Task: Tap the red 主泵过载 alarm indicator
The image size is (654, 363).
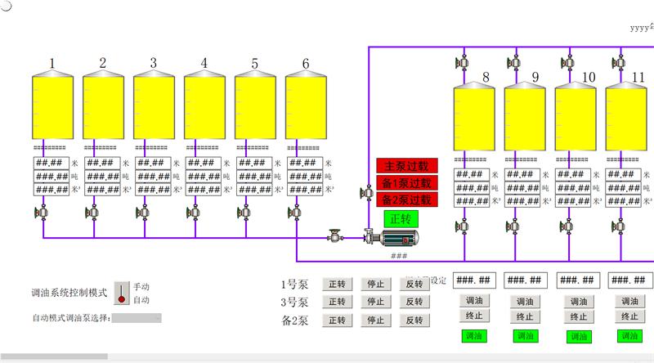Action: tap(406, 165)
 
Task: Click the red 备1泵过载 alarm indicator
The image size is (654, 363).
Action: tap(406, 183)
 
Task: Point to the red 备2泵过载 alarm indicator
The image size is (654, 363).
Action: tap(406, 199)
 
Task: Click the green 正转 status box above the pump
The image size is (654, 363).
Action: tap(401, 219)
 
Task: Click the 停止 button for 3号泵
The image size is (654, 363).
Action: tap(375, 302)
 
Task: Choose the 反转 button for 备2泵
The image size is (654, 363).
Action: tap(414, 320)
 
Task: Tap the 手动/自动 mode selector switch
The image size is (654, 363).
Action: tap(122, 292)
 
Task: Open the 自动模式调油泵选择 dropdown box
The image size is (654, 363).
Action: tap(137, 317)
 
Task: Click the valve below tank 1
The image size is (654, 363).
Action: tap(41, 213)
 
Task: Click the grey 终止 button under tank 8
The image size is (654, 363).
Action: tap(473, 316)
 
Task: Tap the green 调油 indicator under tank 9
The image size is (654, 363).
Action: tap(524, 336)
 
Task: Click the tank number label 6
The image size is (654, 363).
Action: tap(305, 63)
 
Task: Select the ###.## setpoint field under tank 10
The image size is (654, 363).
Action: tap(575, 280)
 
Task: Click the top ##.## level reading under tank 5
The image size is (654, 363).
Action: tap(252, 163)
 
